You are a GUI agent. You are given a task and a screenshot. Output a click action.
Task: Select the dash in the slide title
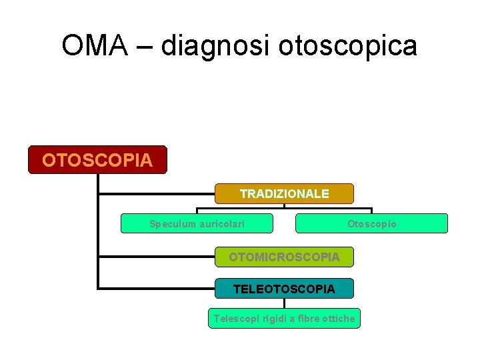[141, 47]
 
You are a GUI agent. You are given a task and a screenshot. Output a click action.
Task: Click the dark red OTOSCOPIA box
[97, 160]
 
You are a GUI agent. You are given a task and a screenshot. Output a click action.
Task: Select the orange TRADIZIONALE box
[284, 194]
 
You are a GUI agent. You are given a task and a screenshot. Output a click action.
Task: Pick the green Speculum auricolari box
[197, 223]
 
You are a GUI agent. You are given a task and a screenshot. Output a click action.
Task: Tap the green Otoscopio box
[371, 223]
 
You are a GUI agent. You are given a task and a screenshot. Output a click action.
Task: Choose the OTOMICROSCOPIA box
[284, 257]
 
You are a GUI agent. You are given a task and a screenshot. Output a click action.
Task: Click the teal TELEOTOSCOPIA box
[284, 289]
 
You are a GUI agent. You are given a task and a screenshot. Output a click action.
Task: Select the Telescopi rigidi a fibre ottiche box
[284, 319]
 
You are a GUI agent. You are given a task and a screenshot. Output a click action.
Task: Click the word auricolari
[221, 224]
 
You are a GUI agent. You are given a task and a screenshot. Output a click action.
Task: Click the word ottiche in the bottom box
[337, 319]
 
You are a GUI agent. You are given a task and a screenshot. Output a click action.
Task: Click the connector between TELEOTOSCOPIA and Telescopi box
[284, 303]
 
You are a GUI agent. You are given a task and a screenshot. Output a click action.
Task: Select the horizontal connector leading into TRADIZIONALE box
[157, 194]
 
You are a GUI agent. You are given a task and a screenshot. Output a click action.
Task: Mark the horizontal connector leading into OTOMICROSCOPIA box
[157, 256]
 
